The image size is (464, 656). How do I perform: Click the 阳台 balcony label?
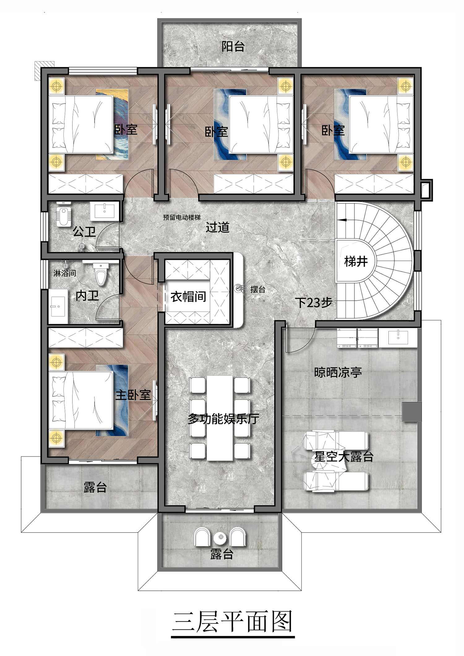pyautogui.click(x=233, y=47)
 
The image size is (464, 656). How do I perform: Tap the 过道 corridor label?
pyautogui.click(x=218, y=228)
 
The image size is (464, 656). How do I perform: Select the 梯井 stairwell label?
pyautogui.click(x=356, y=262)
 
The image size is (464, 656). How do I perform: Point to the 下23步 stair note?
pyautogui.click(x=313, y=302)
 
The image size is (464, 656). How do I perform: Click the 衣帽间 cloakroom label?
pyautogui.click(x=188, y=297)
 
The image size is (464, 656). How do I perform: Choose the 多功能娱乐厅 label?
pyautogui.click(x=223, y=419)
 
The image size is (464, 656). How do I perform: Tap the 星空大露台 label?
pyautogui.click(x=344, y=457)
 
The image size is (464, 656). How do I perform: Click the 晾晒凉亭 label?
pyautogui.click(x=338, y=372)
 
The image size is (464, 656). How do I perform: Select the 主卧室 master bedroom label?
pyautogui.click(x=133, y=395)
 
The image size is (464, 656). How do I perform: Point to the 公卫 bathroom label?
pyautogui.click(x=84, y=231)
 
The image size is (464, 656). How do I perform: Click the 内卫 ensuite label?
pyautogui.click(x=87, y=296)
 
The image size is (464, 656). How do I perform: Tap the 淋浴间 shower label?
pyautogui.click(x=65, y=273)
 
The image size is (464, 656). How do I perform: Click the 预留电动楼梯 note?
pyautogui.click(x=182, y=217)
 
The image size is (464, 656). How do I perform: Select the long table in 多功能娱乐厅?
pyautogui.click(x=220, y=418)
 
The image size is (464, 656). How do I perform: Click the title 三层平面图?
pyautogui.click(x=232, y=623)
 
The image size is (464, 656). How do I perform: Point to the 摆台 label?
pyautogui.click(x=258, y=289)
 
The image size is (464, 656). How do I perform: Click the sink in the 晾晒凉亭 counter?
pyautogui.click(x=398, y=337)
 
